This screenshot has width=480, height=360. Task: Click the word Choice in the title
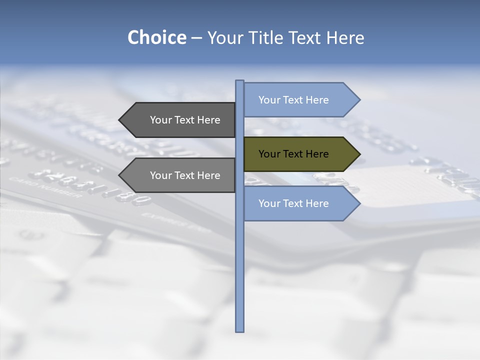coord(156,37)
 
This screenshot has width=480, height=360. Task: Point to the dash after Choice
coord(196,38)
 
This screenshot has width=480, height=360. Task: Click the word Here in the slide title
coord(345,37)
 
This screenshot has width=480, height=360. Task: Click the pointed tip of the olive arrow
coord(359,154)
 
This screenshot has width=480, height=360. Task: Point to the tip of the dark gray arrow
coord(120,120)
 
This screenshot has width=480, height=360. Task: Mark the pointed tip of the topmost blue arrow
coord(359,100)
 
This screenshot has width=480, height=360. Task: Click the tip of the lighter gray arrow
coord(120,175)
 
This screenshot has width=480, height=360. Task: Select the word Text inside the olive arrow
coord(293,154)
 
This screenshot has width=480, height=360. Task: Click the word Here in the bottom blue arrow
coord(317,203)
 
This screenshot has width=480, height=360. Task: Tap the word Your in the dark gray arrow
coord(161,120)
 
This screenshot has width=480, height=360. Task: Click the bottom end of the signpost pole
coord(239,330)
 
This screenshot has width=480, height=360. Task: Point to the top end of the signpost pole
coord(239,81)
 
